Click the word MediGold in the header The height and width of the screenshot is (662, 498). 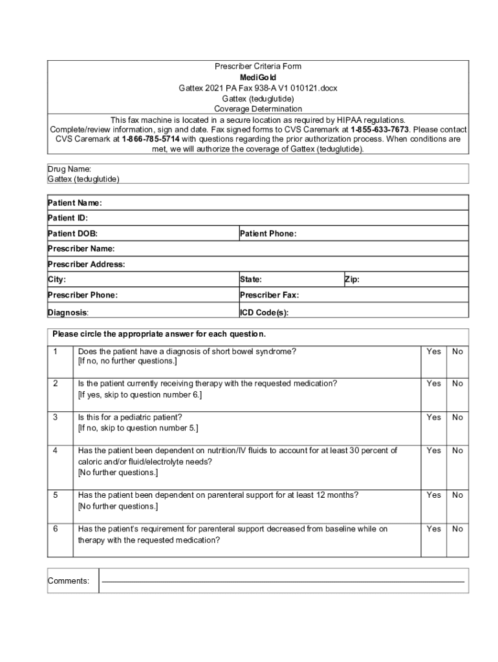258,77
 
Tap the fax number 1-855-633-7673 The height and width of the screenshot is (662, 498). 380,129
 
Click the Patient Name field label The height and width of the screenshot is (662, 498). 74,203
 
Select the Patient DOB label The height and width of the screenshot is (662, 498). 72,233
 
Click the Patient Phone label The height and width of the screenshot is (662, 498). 268,233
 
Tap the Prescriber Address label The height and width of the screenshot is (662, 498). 86,264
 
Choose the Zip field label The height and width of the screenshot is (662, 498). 352,280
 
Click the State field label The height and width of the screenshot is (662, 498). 251,280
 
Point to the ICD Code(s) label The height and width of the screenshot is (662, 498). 264,313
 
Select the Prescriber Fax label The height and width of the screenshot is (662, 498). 269,295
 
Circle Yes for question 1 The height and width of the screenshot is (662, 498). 434,352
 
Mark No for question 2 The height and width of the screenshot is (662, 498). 458,383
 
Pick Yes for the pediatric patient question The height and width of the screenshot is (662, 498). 434,418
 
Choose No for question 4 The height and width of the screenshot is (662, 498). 458,451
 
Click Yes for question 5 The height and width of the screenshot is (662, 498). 434,495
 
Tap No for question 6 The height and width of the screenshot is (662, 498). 458,529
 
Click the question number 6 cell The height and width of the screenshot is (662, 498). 56,529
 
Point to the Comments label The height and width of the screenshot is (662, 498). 69,581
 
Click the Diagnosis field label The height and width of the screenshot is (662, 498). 68,313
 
